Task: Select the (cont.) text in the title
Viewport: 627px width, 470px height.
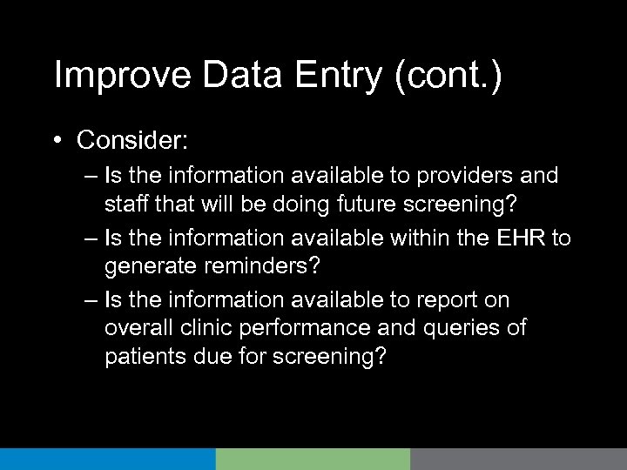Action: [448, 77]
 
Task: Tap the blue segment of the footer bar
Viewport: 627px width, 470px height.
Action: [108, 459]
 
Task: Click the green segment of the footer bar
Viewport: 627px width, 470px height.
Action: [313, 459]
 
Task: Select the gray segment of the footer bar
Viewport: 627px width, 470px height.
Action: [518, 459]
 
